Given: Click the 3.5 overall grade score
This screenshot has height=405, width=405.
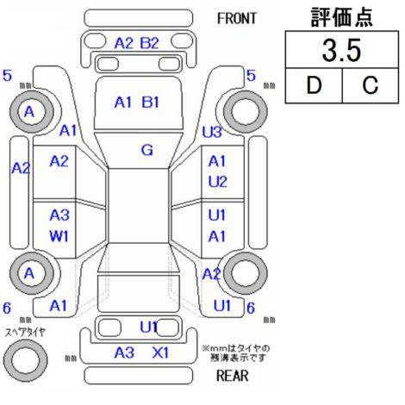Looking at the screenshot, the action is [x=341, y=50].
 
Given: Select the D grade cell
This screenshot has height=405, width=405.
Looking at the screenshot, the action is [x=314, y=85].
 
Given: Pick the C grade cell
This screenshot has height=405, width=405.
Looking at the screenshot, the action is [x=371, y=85].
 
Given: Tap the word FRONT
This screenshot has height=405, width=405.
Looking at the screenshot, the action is [x=236, y=19].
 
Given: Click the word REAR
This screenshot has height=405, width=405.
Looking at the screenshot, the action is [x=232, y=376].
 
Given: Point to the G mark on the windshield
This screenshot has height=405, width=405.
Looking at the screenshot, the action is [x=147, y=150].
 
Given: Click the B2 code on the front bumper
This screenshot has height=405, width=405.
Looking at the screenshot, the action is [x=149, y=43].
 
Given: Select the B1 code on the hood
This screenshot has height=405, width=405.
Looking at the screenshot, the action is [x=150, y=103].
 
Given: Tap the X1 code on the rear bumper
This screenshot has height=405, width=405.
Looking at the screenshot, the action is [x=160, y=352].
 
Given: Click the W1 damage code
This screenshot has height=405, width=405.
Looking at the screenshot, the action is [x=59, y=237].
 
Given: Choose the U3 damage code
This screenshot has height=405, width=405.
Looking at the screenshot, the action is [x=212, y=132].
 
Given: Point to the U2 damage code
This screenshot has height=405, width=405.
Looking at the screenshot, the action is [x=217, y=182].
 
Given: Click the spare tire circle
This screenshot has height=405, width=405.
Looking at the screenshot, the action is [x=26, y=359].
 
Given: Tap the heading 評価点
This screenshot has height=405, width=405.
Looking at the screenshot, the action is [x=341, y=17].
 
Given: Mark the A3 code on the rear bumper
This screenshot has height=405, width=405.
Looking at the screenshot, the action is [x=124, y=352].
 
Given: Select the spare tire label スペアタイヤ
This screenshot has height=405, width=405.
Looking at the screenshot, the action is [x=25, y=333].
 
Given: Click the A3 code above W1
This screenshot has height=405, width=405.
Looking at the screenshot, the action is [x=59, y=215].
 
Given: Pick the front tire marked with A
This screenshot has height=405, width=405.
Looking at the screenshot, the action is [x=32, y=111].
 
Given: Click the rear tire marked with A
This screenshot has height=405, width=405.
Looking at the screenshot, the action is [x=32, y=273].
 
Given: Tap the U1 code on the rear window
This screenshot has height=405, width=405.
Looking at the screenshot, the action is [x=149, y=327].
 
